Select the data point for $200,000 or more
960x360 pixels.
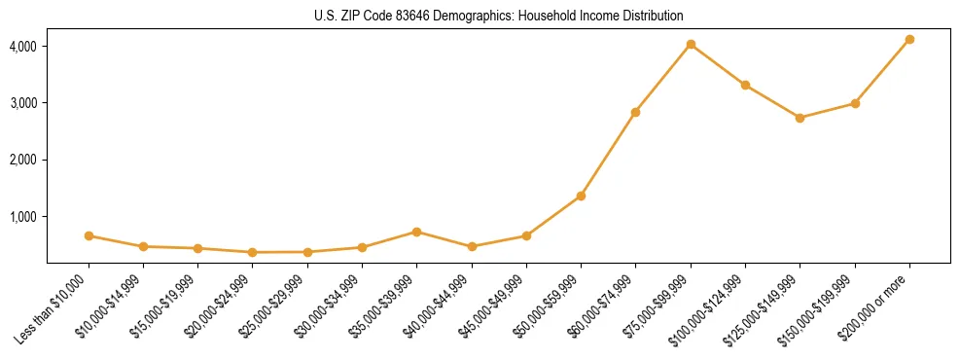909,39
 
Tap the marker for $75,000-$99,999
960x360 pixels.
691,44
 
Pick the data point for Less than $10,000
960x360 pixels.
89,235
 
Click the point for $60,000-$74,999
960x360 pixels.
635,112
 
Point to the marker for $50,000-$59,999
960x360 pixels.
581,196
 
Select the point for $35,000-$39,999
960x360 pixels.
416,232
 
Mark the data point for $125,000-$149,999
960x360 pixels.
800,118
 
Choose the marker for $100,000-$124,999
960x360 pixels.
745,85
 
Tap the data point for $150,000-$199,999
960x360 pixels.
855,103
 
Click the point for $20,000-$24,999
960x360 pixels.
253,252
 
